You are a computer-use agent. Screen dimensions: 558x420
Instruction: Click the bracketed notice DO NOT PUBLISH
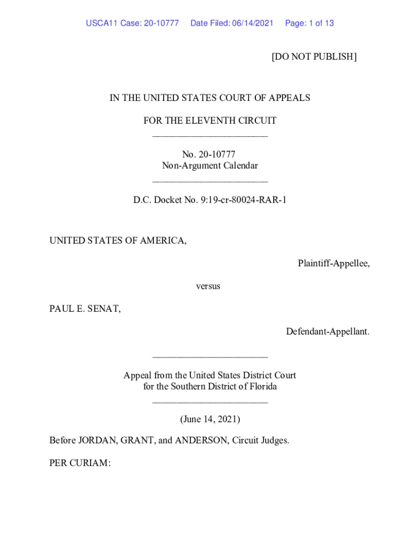(x=314, y=57)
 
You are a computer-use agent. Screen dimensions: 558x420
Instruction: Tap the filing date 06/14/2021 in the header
(x=253, y=23)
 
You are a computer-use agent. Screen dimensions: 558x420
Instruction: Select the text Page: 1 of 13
(x=309, y=23)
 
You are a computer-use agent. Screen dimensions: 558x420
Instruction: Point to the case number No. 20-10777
(x=209, y=155)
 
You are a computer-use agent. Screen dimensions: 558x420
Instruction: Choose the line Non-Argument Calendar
(x=209, y=166)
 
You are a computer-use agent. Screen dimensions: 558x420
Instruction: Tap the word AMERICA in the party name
(x=163, y=240)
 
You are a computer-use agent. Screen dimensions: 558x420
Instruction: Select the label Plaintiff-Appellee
(x=333, y=263)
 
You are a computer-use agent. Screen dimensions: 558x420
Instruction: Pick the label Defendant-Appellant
(x=327, y=331)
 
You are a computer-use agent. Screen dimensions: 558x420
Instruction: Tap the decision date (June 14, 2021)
(x=210, y=419)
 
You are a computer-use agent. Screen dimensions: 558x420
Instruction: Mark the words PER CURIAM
(x=80, y=463)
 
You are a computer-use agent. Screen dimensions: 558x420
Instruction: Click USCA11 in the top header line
(x=102, y=23)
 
